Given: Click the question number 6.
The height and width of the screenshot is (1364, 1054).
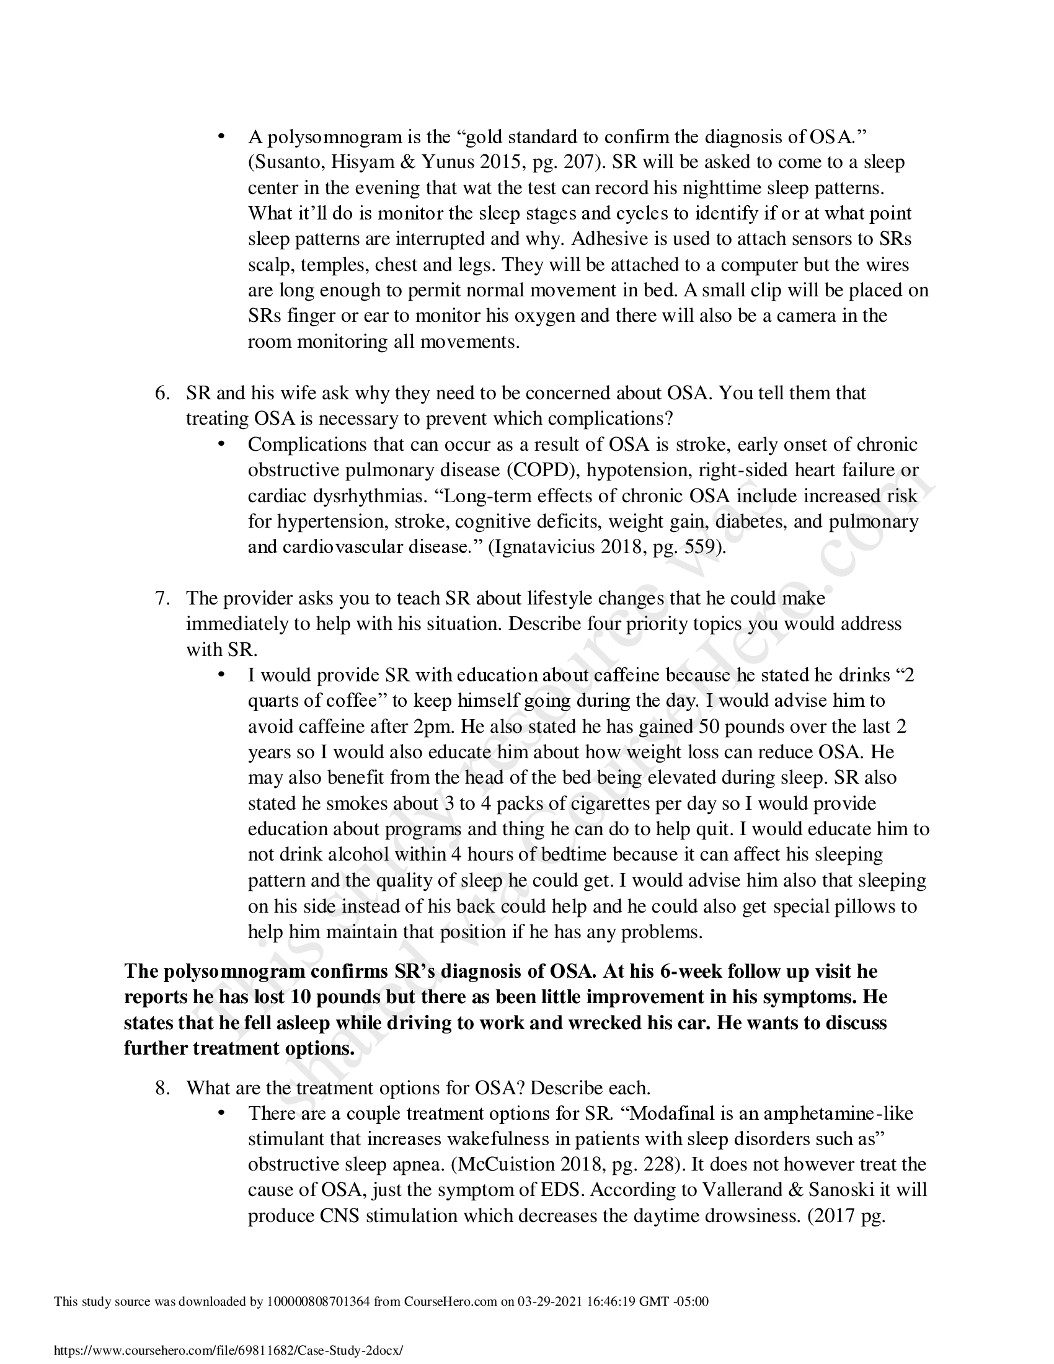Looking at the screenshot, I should coord(162,394).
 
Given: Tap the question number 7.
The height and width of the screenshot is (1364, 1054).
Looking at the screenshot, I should coord(162,598).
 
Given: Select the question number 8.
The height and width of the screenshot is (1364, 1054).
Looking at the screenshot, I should coord(162,1088).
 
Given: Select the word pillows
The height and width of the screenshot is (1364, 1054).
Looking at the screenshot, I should coord(865,906).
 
